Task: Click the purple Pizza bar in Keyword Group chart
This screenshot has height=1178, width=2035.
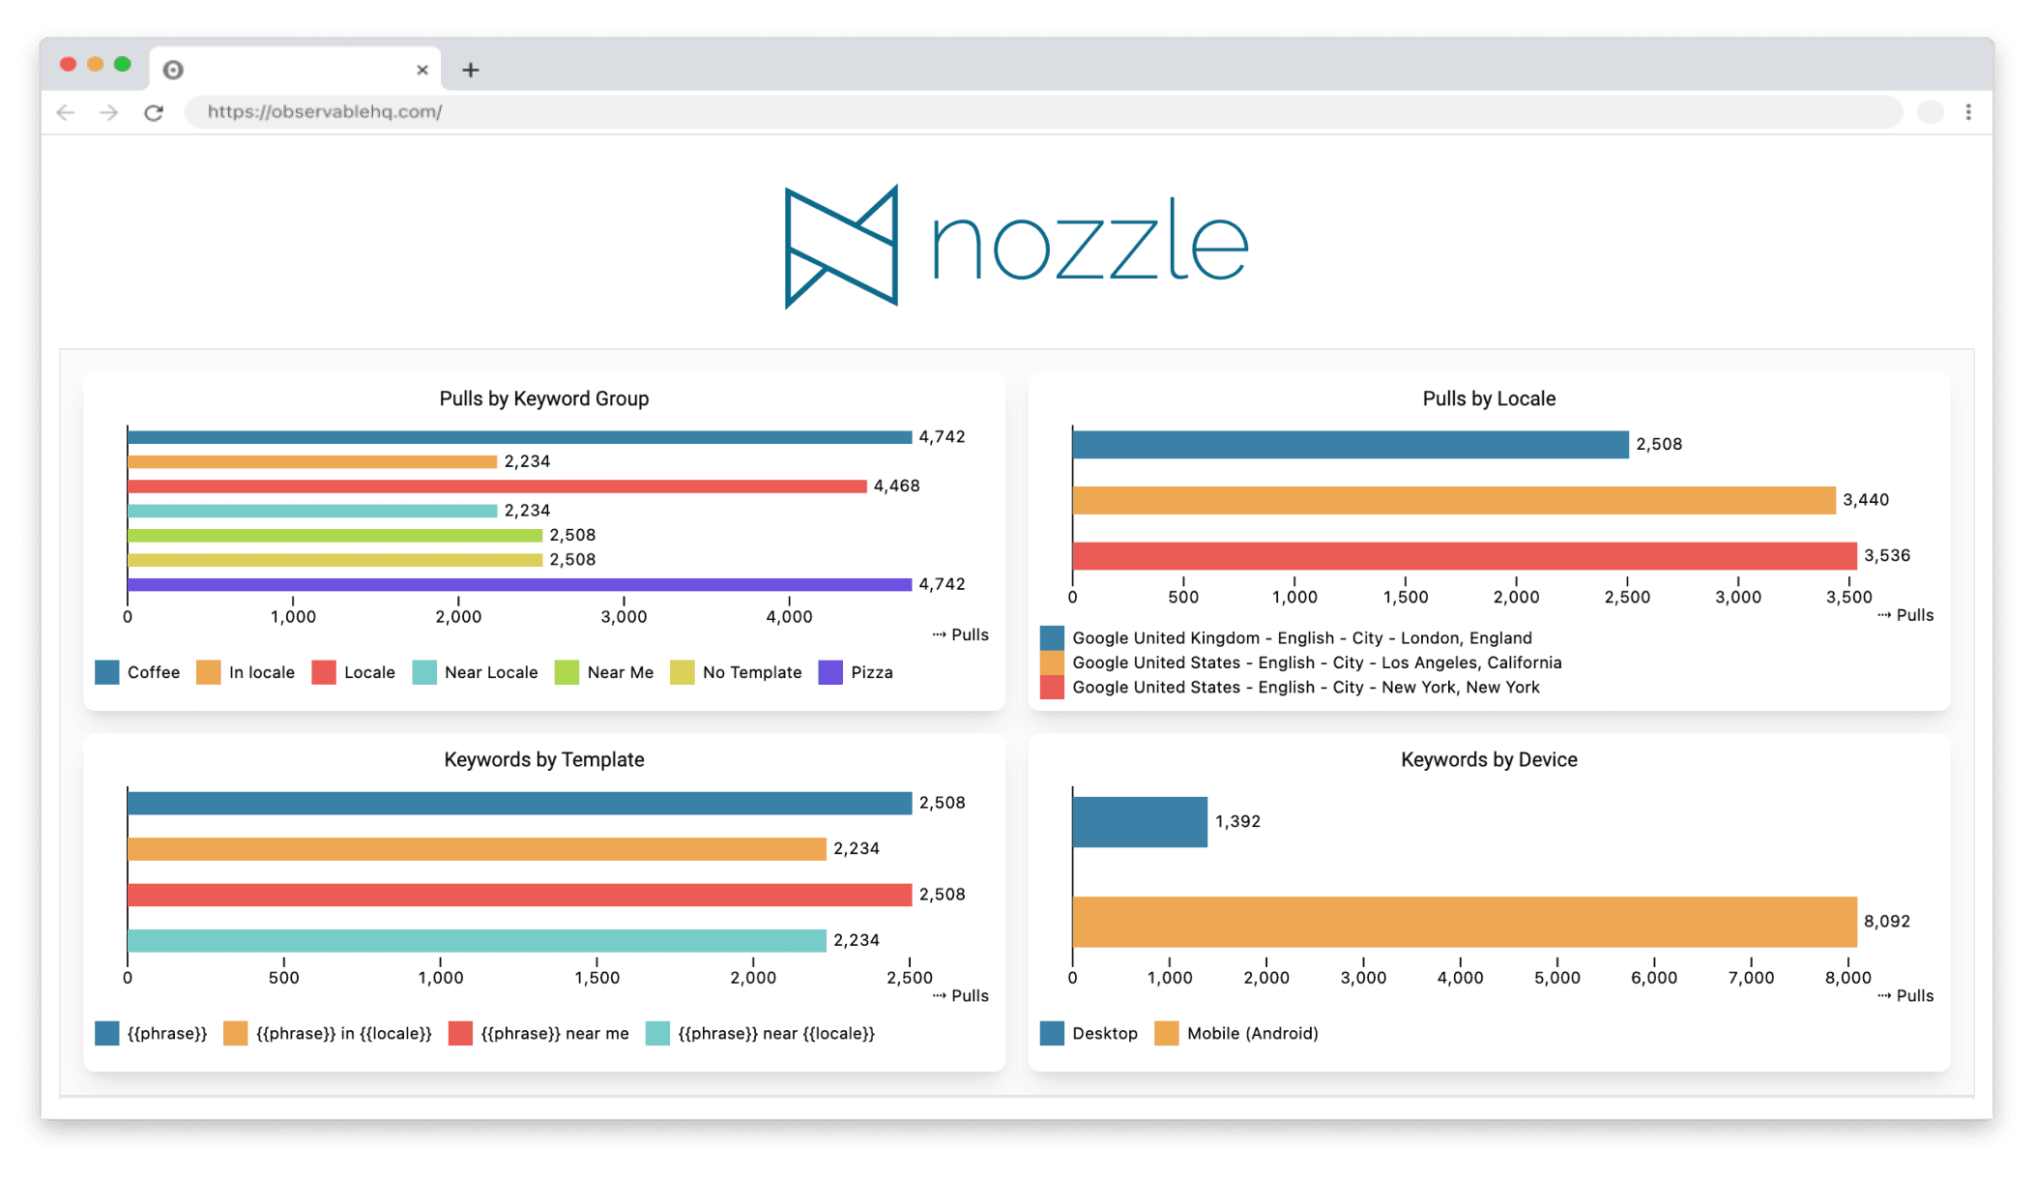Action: pos(519,584)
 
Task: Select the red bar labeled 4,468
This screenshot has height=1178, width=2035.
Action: pos(497,486)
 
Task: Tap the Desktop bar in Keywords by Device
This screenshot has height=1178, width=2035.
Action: pos(1140,822)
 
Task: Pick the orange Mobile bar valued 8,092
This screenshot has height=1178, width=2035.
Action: pos(1464,922)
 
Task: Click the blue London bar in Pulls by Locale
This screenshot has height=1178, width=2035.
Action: pos(1350,445)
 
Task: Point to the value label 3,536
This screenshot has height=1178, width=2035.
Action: pos(1886,556)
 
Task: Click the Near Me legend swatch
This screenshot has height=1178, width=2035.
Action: pos(567,672)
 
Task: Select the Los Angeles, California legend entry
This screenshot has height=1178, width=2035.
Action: pos(1317,663)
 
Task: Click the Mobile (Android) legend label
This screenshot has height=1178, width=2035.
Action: pos(1252,1033)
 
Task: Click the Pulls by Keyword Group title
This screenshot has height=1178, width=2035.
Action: pos(543,398)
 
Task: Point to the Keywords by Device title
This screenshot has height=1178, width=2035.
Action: pos(1489,759)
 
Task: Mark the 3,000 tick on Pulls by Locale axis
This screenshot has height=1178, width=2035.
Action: pos(1737,597)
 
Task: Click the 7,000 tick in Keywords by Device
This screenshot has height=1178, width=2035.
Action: pos(1751,978)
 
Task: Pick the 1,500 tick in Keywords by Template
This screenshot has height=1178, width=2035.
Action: pos(596,978)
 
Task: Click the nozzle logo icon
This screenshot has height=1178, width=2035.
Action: pos(841,247)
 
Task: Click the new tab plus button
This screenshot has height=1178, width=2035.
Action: pos(471,70)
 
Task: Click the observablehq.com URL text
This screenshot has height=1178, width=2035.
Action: pos(325,112)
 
